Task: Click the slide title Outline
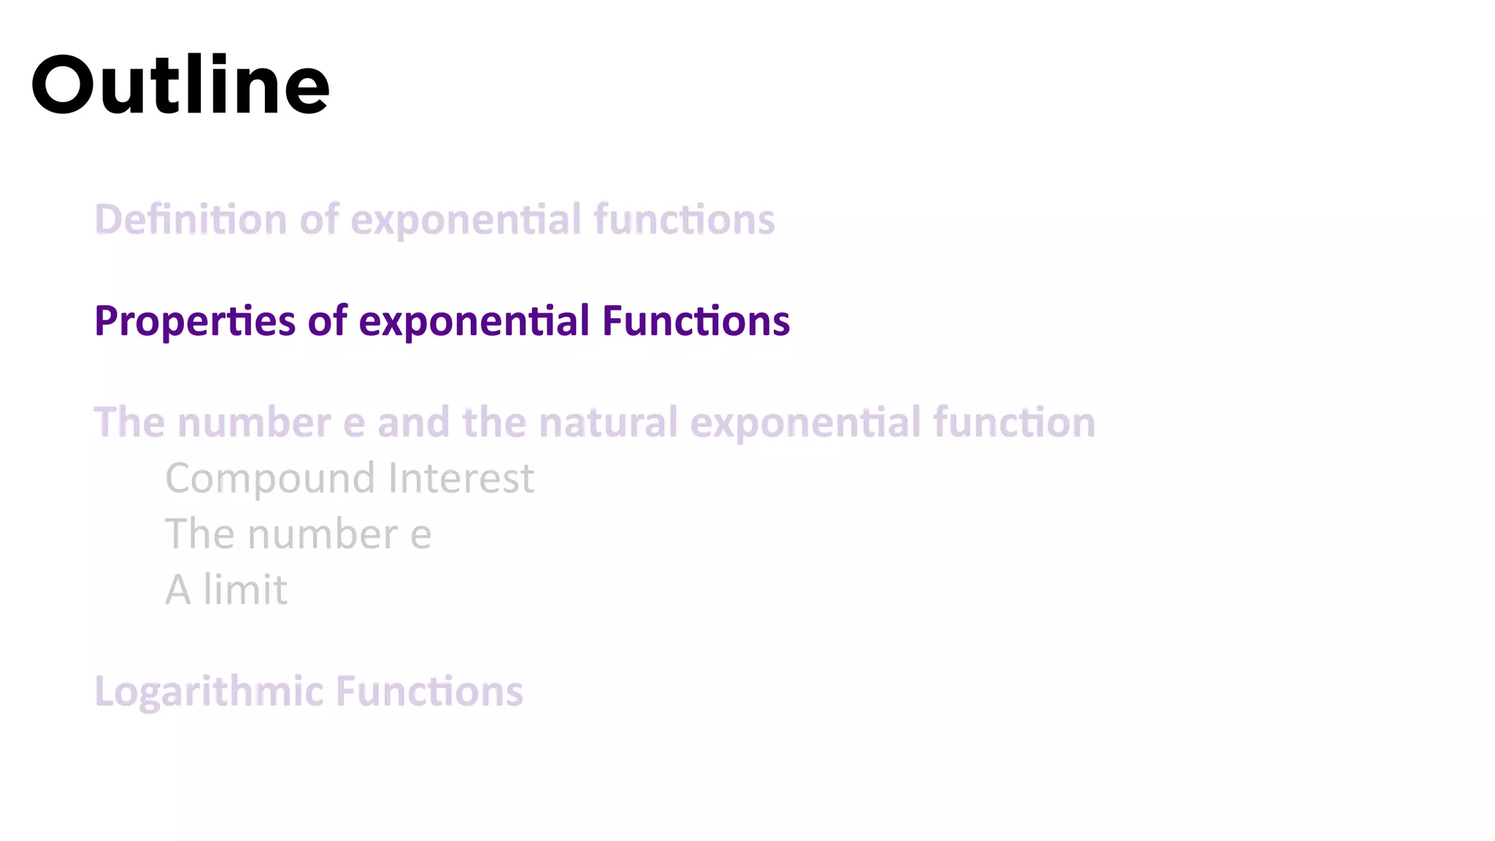click(180, 85)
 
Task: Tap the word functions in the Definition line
click(684, 220)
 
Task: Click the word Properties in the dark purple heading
click(195, 322)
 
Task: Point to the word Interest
click(461, 479)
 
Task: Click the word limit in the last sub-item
click(245, 590)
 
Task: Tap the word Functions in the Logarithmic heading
click(429, 691)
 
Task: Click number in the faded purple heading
click(254, 423)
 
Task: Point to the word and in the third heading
click(413, 423)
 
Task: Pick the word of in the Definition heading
click(319, 220)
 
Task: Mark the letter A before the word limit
click(177, 590)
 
